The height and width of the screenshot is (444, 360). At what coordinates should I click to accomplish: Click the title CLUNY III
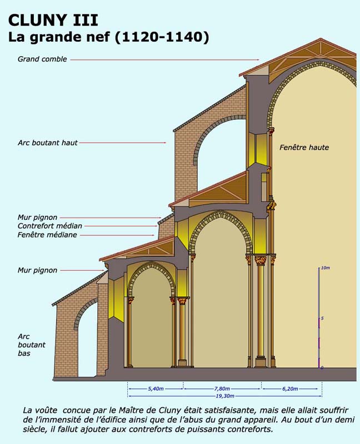point(53,21)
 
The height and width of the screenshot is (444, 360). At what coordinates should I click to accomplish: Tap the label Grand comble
point(42,59)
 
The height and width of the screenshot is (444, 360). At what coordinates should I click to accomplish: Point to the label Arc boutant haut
point(48,143)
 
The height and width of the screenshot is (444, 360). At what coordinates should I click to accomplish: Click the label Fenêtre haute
point(304,147)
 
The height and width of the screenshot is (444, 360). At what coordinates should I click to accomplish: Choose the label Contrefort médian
point(50,226)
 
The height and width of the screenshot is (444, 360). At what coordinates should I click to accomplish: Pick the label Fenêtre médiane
point(47,235)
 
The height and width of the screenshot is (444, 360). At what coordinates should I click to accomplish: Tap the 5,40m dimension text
point(156,389)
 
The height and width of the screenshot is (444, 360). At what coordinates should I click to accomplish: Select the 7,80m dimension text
point(222,389)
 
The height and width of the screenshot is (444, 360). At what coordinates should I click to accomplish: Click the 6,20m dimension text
point(290,389)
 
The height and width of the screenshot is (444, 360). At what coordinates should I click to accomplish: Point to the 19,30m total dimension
point(224,396)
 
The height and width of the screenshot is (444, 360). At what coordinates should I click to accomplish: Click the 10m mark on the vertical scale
point(326,268)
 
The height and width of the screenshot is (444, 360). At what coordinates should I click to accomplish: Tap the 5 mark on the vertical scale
point(322,319)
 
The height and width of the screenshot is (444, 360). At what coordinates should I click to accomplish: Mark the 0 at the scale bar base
point(322,367)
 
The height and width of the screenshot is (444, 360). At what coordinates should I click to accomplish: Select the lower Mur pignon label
point(37,270)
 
